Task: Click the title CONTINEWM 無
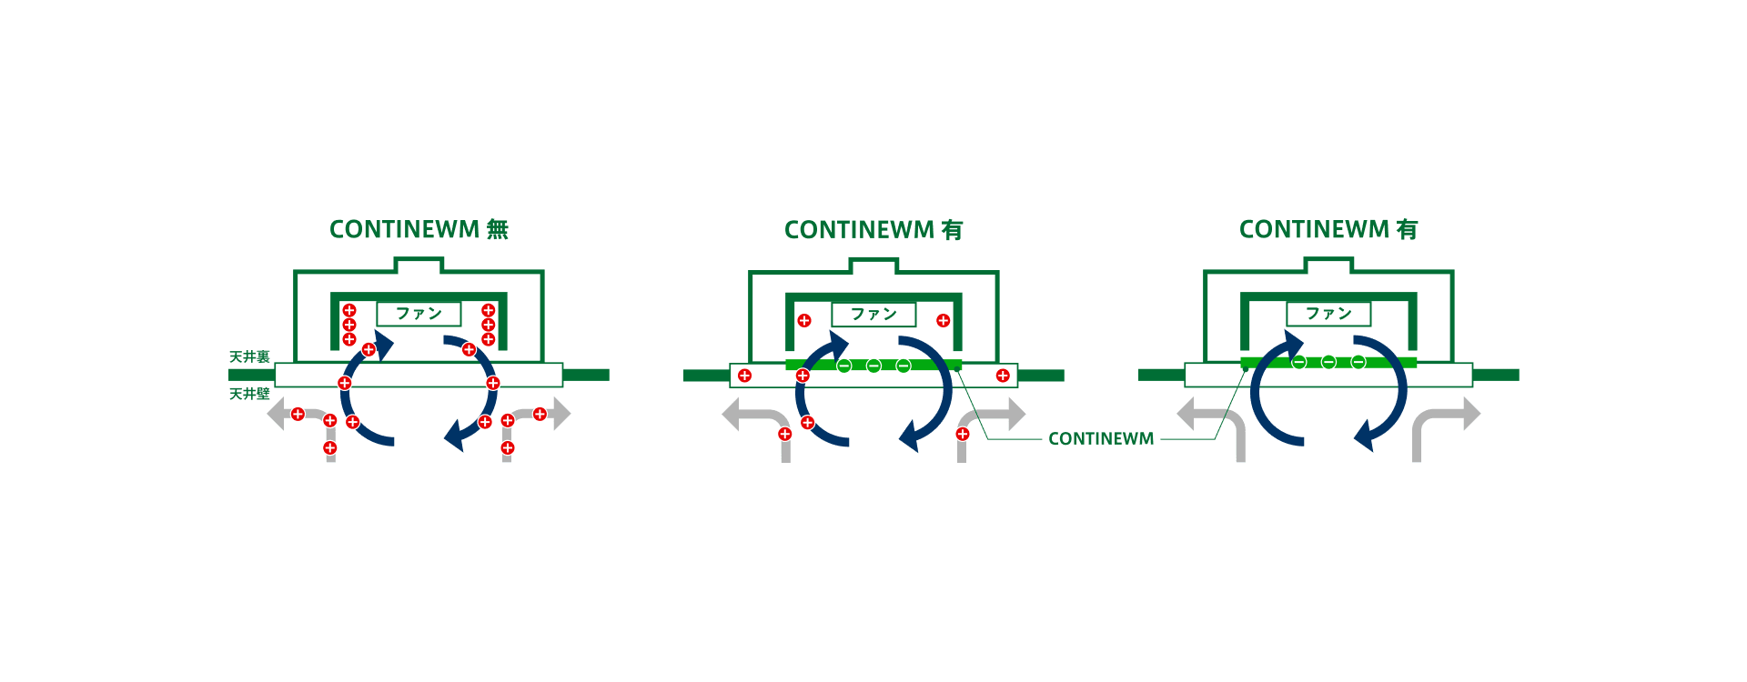point(419,229)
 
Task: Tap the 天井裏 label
point(249,356)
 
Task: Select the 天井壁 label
point(249,394)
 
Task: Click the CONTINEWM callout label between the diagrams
point(1101,438)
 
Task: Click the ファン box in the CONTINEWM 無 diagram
point(419,314)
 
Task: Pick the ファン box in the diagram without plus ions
point(1328,314)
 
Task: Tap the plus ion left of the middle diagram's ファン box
point(803,320)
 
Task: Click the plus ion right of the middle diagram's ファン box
point(943,320)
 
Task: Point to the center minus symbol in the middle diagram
point(873,366)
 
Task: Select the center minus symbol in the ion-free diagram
point(1328,362)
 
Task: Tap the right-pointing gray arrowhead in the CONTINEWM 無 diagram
point(562,415)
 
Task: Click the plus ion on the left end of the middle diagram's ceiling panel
point(744,376)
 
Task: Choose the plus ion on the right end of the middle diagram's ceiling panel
point(1003,376)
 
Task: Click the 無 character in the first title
point(497,229)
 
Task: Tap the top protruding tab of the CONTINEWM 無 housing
point(419,265)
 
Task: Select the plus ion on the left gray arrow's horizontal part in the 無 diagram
point(298,415)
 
